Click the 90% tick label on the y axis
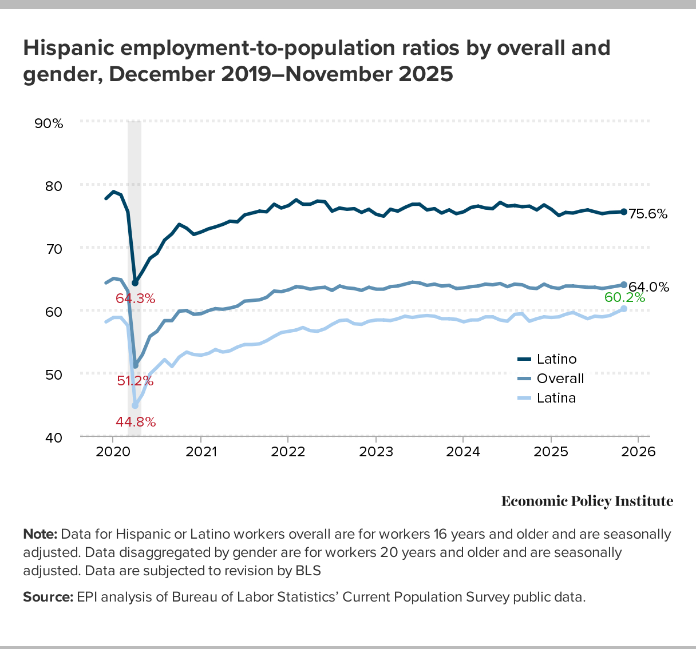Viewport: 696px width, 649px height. (49, 123)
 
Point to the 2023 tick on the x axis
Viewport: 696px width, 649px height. (375, 452)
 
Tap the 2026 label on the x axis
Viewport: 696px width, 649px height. (638, 452)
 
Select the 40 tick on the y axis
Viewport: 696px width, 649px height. (54, 437)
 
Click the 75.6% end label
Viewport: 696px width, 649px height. (648, 214)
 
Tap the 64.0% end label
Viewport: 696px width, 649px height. (649, 287)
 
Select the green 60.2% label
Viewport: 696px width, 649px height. (624, 297)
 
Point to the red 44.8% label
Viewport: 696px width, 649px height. (136, 422)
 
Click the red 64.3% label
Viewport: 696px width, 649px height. (135, 298)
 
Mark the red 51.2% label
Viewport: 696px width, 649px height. (135, 380)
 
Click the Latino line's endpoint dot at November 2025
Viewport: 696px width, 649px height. (624, 212)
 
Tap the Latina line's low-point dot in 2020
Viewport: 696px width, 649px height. (135, 405)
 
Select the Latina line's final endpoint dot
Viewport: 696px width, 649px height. (624, 309)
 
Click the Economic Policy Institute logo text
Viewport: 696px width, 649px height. (587, 501)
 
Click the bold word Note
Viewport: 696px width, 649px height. (40, 535)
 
